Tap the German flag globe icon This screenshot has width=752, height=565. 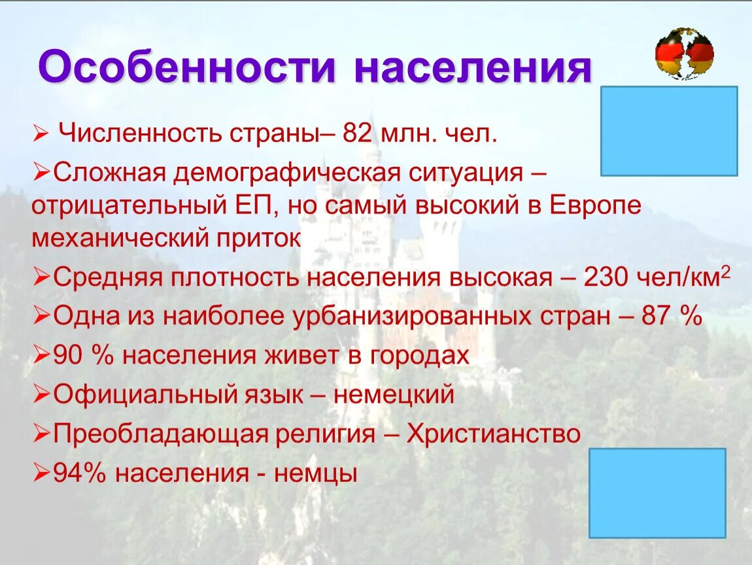[x=684, y=54]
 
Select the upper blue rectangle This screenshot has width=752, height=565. [x=669, y=131]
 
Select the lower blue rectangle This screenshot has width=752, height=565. [x=657, y=493]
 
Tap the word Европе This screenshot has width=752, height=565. [x=595, y=205]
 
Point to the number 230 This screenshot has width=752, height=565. [x=605, y=277]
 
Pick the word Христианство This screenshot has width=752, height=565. [x=493, y=434]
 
